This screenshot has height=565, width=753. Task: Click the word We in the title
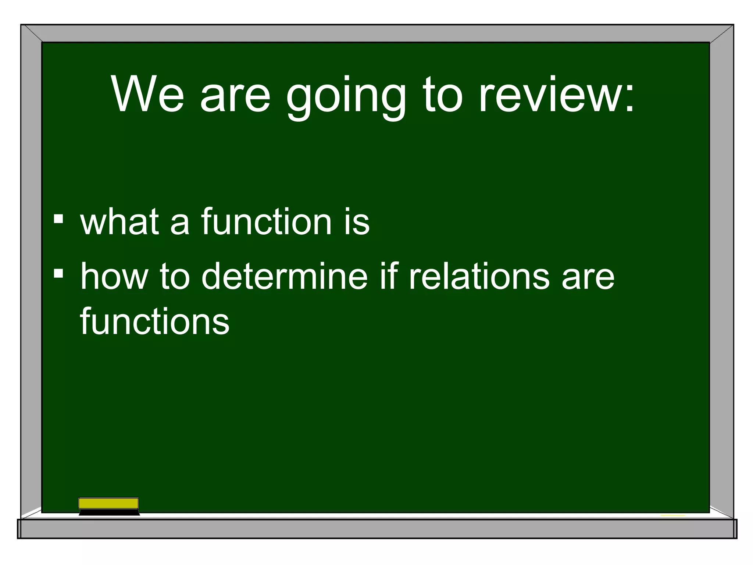tap(147, 95)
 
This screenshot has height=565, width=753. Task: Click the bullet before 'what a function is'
tap(58, 219)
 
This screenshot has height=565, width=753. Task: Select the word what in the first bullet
tap(119, 221)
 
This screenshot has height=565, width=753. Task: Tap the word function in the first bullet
tap(267, 221)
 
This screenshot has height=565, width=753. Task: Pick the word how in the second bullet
tap(114, 276)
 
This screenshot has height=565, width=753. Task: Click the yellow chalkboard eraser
tap(108, 503)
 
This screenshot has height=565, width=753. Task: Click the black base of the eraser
tap(109, 512)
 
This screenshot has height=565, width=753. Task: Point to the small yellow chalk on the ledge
tap(672, 515)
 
